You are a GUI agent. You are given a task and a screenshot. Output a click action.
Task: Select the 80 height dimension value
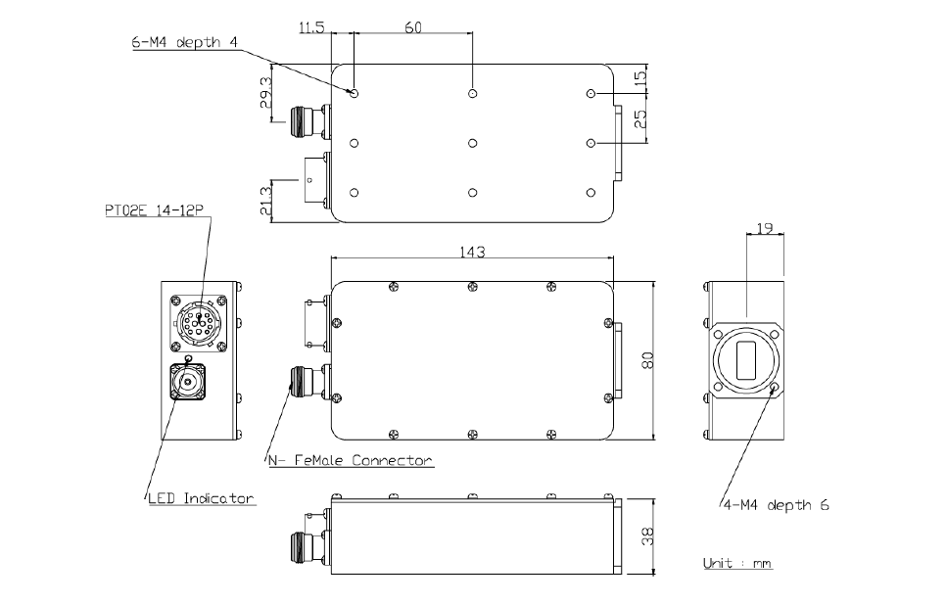pyautogui.click(x=646, y=359)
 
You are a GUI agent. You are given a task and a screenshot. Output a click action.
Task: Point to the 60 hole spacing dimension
pyautogui.click(x=412, y=28)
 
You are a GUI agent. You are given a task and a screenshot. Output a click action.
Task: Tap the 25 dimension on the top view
pyautogui.click(x=641, y=119)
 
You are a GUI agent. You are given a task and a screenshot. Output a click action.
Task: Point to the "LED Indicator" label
pyautogui.click(x=201, y=498)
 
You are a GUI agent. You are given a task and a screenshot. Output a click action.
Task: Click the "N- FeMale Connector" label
pyautogui.click(x=350, y=459)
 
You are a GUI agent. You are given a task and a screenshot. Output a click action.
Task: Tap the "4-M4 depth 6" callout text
pyautogui.click(x=776, y=506)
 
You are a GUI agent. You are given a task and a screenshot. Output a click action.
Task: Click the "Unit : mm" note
pyautogui.click(x=737, y=564)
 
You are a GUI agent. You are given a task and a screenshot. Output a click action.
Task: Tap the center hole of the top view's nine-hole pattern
pyautogui.click(x=473, y=143)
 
